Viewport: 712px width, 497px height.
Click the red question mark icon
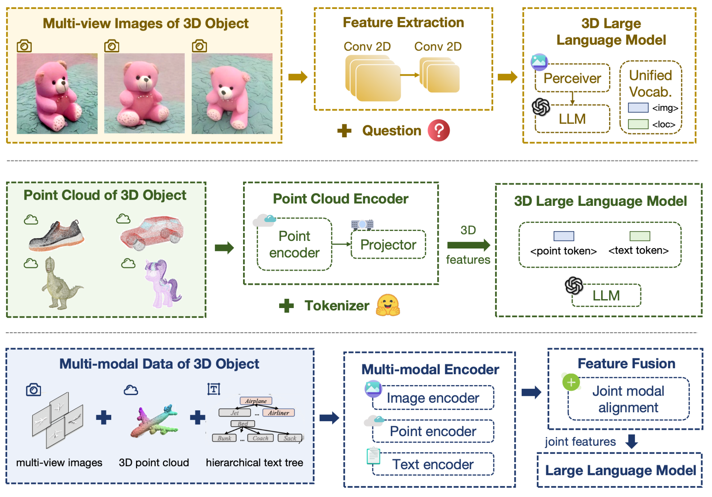click(x=438, y=130)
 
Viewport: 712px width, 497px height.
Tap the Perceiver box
click(x=572, y=78)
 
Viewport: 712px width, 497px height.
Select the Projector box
click(x=388, y=245)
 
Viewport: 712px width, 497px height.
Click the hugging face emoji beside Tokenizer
click(x=388, y=305)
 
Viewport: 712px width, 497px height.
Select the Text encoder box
click(x=433, y=464)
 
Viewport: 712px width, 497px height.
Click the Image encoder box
click(x=433, y=398)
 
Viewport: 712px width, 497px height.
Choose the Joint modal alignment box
click(x=628, y=399)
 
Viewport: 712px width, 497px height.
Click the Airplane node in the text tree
click(x=256, y=401)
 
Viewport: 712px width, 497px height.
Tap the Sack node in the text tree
click(x=290, y=438)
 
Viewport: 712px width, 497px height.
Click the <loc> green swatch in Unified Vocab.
click(x=638, y=124)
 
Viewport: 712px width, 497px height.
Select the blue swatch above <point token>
click(x=564, y=236)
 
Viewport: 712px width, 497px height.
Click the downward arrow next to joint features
click(x=631, y=441)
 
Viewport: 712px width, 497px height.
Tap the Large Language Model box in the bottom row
click(x=620, y=470)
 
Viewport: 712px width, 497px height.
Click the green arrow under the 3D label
click(x=468, y=245)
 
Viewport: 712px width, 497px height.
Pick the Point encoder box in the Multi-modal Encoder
click(x=433, y=431)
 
